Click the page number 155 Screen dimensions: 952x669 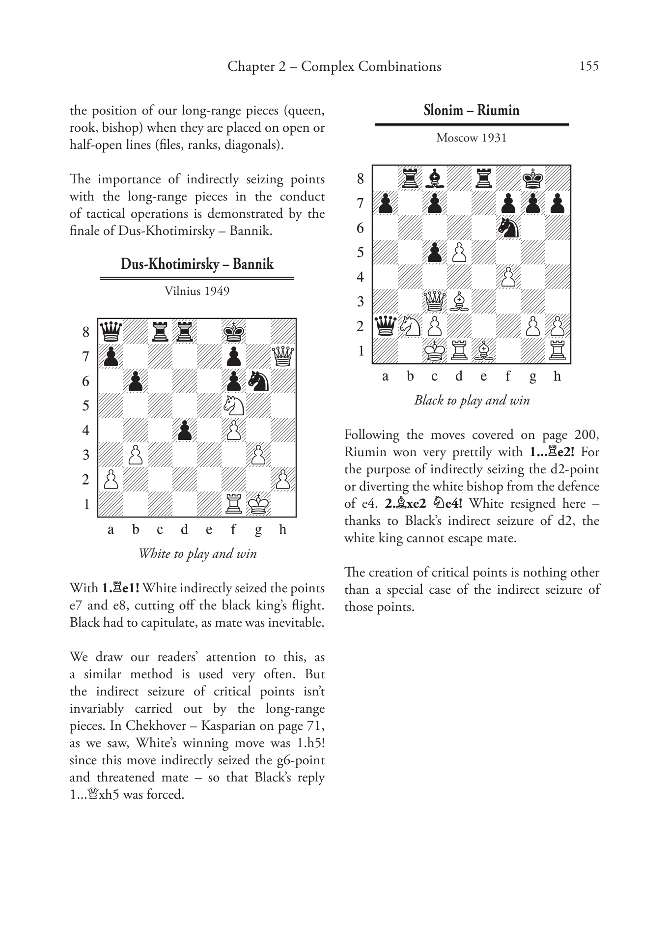click(589, 66)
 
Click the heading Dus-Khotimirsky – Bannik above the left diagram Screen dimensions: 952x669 click(197, 264)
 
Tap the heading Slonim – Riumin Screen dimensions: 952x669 click(471, 110)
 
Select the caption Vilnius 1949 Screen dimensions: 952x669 click(197, 291)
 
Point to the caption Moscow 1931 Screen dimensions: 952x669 click(471, 138)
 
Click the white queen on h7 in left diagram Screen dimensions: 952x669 click(283, 356)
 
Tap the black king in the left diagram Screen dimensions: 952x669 click(234, 331)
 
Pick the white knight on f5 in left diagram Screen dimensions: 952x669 click(234, 405)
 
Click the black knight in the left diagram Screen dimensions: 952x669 click(258, 380)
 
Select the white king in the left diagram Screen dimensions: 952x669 click(258, 504)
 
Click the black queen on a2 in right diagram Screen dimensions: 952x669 click(385, 326)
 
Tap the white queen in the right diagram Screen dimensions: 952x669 click(434, 301)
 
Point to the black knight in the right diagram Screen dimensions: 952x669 click(508, 228)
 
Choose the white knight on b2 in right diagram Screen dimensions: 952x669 click(410, 326)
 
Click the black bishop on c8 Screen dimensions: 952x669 click(434, 178)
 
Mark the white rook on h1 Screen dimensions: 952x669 click(557, 351)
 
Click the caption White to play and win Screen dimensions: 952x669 click(197, 553)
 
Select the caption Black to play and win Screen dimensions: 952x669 click(472, 400)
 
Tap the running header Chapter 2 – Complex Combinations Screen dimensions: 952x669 click(334, 66)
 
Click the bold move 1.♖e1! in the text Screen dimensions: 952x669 click(120, 588)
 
